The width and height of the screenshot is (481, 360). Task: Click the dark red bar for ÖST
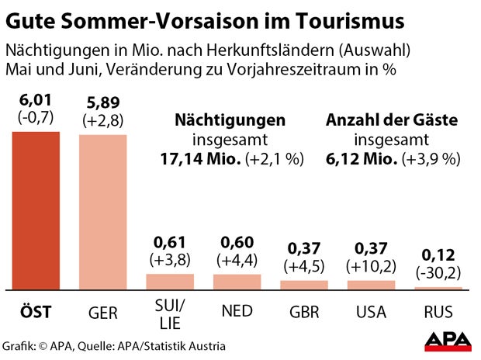(36, 209)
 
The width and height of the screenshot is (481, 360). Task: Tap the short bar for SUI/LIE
(170, 281)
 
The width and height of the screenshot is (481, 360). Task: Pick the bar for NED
(237, 281)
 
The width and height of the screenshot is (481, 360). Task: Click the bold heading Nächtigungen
(230, 121)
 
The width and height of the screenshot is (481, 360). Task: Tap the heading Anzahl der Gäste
(392, 121)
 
